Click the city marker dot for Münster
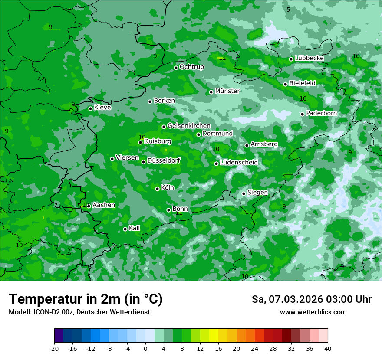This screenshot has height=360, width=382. [211, 92]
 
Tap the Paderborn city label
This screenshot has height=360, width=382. [321, 113]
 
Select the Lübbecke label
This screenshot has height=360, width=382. [309, 58]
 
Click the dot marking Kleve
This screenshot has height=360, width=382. [90, 108]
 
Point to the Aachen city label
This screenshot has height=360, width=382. [104, 205]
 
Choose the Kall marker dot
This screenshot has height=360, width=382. [125, 229]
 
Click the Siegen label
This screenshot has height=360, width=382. [257, 193]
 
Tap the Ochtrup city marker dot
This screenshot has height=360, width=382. [176, 68]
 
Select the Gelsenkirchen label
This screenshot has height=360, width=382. [189, 126]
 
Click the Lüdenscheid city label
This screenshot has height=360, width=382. [239, 163]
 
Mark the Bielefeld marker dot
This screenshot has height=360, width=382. [285, 84]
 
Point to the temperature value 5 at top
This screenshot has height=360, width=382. [288, 10]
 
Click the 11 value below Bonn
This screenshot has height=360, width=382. [179, 213]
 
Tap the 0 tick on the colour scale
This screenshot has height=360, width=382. [145, 349]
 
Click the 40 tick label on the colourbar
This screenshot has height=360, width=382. [327, 349]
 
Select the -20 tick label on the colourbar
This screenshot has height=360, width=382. [54, 349]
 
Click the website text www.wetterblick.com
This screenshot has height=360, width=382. [313, 312]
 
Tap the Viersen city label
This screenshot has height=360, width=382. [127, 158]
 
